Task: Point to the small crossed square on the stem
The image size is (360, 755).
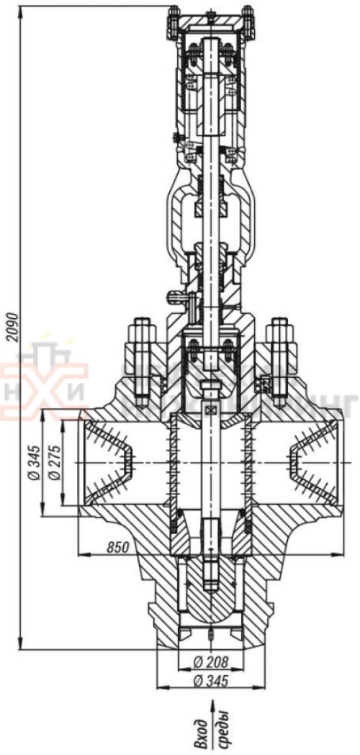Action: [x=210, y=410]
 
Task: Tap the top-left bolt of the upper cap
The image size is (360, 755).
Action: [x=174, y=22]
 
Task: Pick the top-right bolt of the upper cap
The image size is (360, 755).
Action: [x=248, y=22]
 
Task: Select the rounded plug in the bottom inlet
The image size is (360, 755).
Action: [x=210, y=590]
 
